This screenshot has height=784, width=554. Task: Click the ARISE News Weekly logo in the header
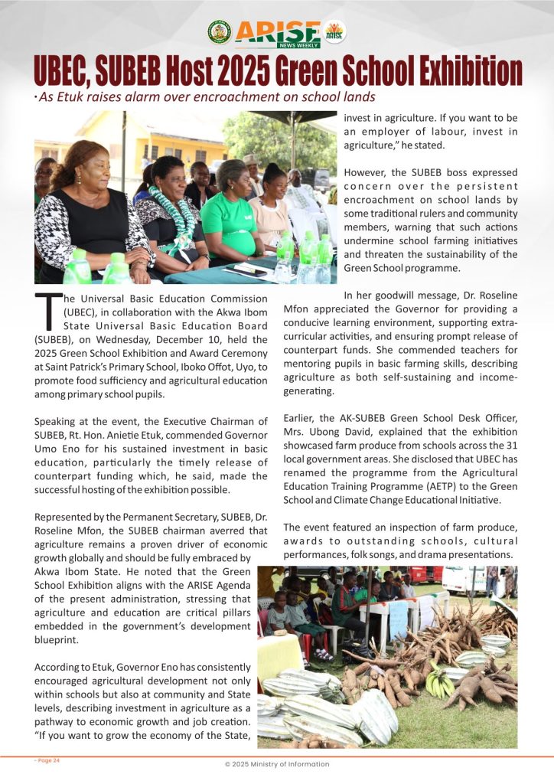277,34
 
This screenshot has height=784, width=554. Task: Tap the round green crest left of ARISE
219,32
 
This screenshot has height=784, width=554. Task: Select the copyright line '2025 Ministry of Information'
277,764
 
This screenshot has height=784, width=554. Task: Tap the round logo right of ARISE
334,31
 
